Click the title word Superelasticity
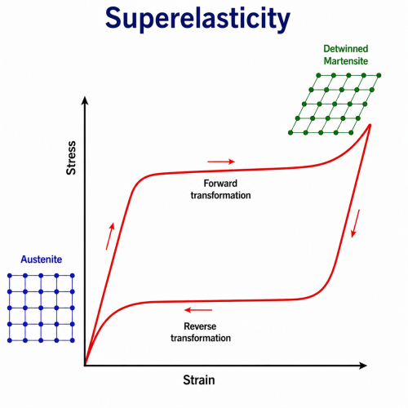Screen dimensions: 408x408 pyautogui.click(x=197, y=19)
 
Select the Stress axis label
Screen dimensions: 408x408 pyautogui.click(x=71, y=157)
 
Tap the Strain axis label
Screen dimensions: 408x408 pyautogui.click(x=199, y=380)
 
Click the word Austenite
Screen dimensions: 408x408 pyautogui.click(x=42, y=259)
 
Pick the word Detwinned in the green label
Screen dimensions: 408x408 pyautogui.click(x=346, y=49)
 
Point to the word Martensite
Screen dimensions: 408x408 pyautogui.click(x=346, y=61)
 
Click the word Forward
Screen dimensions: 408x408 pyautogui.click(x=220, y=184)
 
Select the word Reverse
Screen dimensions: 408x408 pyautogui.click(x=200, y=326)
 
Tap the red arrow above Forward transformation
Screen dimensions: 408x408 pyautogui.click(x=221, y=162)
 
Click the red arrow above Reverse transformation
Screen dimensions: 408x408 pyautogui.click(x=198, y=310)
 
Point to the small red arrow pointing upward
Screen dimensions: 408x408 pyautogui.click(x=110, y=236)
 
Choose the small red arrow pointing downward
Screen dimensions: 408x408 pyautogui.click(x=355, y=224)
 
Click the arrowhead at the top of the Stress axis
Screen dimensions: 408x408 pyautogui.click(x=85, y=100)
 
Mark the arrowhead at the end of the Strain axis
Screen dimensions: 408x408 pyautogui.click(x=363, y=366)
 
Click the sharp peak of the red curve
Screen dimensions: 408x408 pyautogui.click(x=370, y=125)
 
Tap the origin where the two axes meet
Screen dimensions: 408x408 pyautogui.click(x=85, y=366)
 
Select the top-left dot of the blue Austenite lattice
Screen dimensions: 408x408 pyautogui.click(x=10, y=276)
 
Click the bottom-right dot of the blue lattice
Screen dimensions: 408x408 pyautogui.click(x=73, y=340)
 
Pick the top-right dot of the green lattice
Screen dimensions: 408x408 pyautogui.click(x=379, y=75)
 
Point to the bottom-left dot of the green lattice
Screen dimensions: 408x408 pyautogui.click(x=290, y=133)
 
